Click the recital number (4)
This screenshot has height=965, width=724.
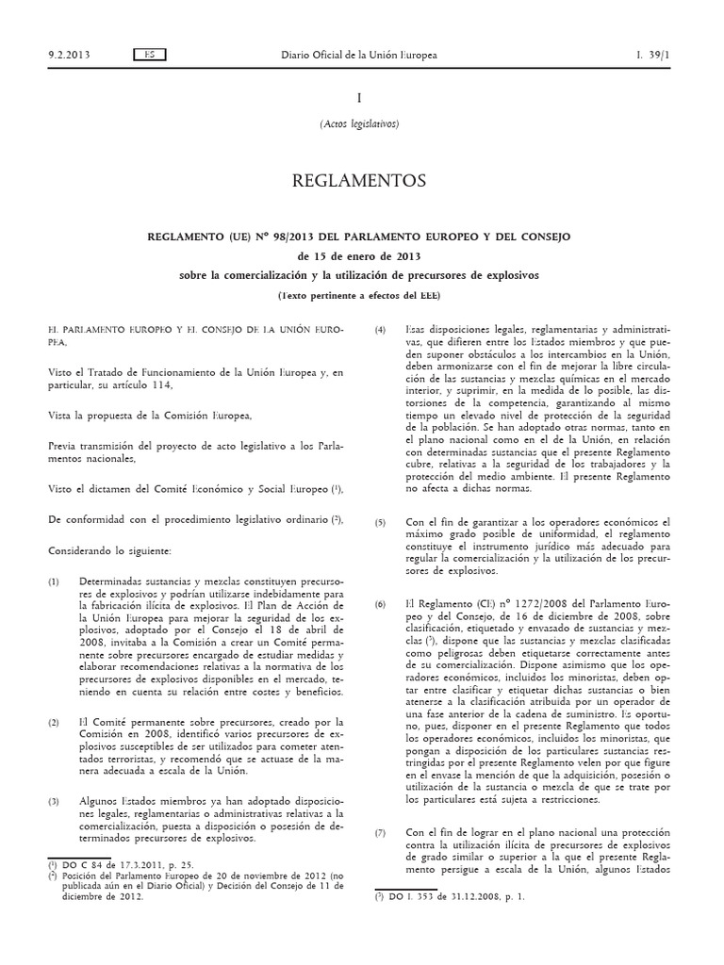tap(381, 329)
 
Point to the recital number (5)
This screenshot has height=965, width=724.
tap(381, 521)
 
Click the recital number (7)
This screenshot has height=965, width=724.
tap(381, 833)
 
